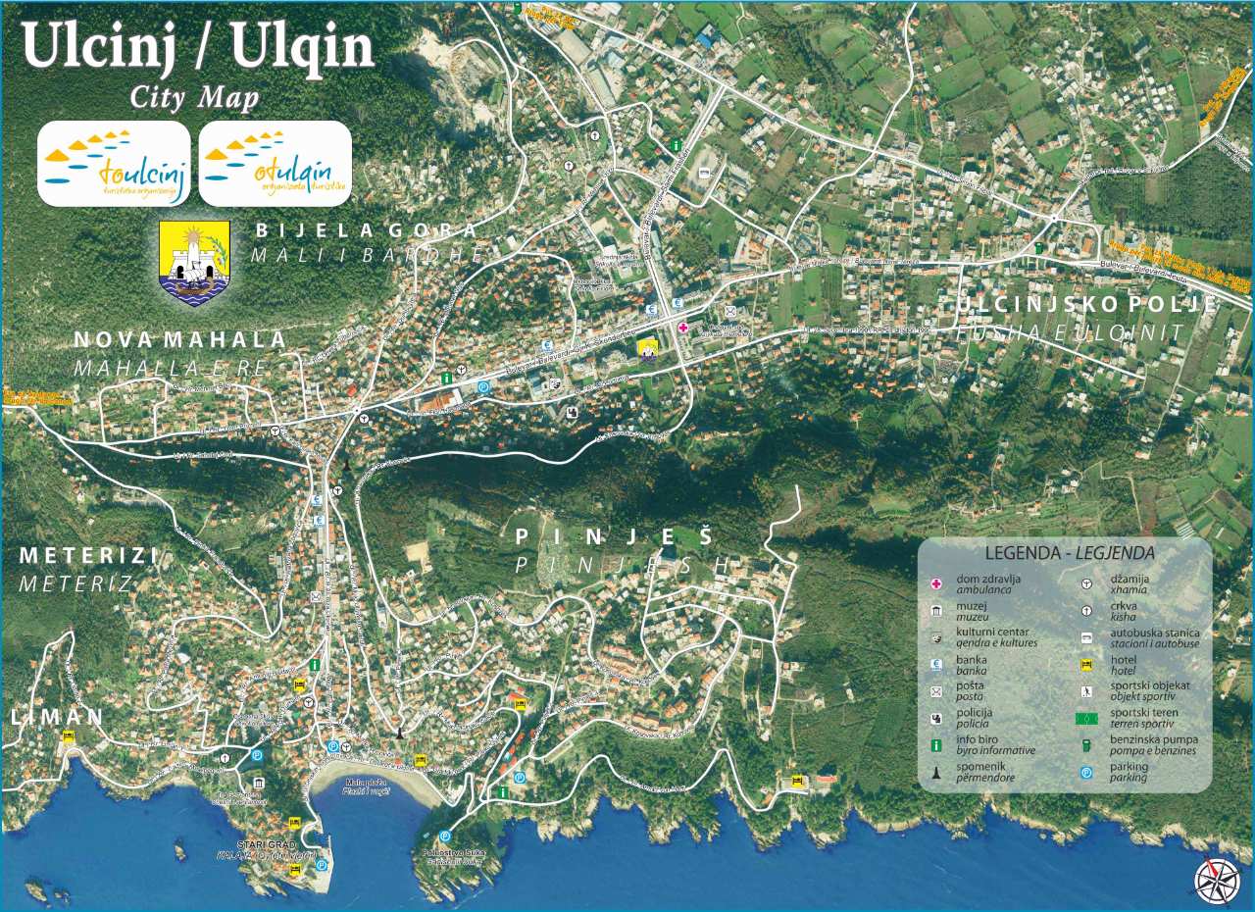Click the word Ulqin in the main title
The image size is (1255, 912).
click(x=303, y=45)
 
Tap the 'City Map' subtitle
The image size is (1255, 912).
click(x=194, y=97)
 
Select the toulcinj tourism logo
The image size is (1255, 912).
click(x=114, y=163)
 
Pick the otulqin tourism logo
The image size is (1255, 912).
click(x=275, y=163)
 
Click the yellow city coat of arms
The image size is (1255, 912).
click(x=194, y=262)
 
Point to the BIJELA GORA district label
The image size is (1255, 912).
click(x=366, y=231)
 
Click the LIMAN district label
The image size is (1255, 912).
click(x=57, y=717)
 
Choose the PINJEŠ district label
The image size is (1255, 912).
click(x=613, y=536)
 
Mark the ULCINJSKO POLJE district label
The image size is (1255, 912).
click(x=1086, y=304)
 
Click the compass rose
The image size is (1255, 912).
click(x=1217, y=880)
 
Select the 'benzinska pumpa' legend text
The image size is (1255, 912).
click(x=1153, y=739)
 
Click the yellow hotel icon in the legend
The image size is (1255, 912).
click(x=1087, y=664)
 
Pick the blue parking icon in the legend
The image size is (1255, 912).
click(x=1087, y=773)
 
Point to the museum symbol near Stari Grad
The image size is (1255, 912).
click(x=258, y=784)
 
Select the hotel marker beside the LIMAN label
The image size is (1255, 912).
click(x=68, y=736)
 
